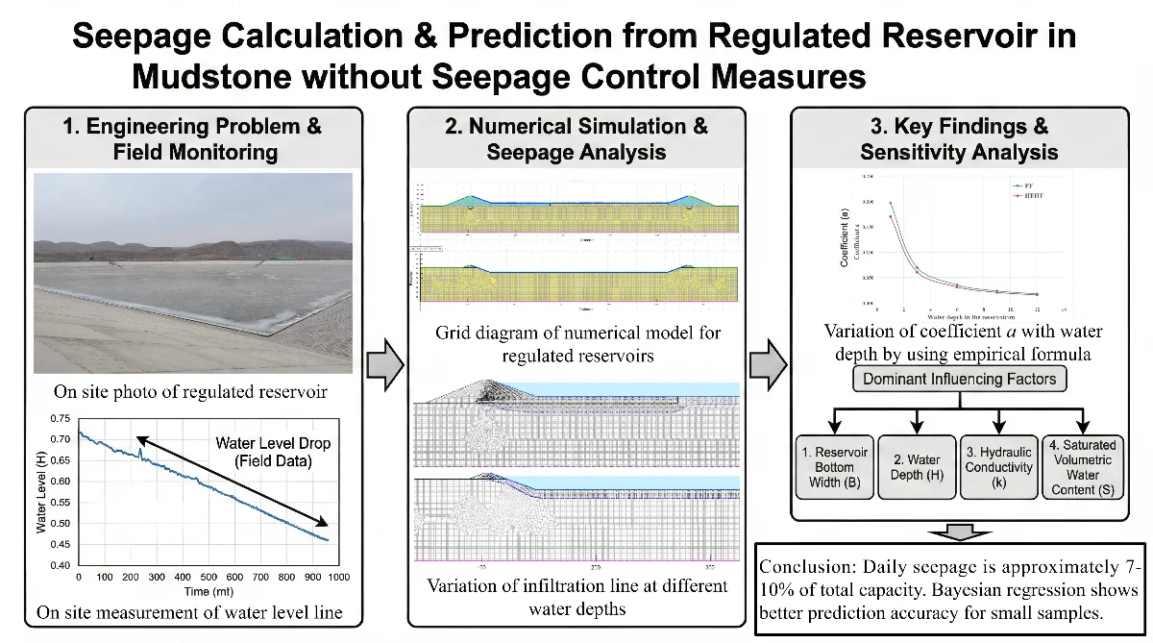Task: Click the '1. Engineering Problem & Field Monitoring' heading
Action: (191, 138)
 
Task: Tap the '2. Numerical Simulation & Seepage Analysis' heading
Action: (577, 138)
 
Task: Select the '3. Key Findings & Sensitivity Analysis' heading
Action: (959, 138)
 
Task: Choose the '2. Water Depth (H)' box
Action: (916, 466)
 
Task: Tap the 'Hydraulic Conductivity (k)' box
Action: (999, 466)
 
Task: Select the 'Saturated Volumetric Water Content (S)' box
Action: (1082, 466)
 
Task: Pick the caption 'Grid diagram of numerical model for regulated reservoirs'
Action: (577, 344)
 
